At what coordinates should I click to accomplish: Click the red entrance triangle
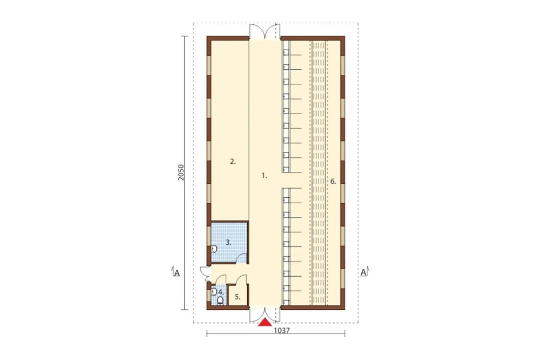pos(265,322)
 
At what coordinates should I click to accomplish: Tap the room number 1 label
pos(265,176)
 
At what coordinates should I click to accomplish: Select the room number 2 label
pos(233,161)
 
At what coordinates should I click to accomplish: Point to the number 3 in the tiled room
pos(228,242)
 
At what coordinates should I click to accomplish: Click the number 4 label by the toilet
pos(221,292)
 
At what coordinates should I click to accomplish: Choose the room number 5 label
pos(237,297)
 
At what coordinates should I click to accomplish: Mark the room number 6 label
pos(333,182)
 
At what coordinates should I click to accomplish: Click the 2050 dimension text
pos(181,172)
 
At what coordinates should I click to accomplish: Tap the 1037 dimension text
pos(282,330)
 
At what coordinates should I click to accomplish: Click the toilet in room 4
pos(220,301)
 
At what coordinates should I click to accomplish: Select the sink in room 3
pos(214,249)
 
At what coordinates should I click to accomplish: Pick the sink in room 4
pos(214,292)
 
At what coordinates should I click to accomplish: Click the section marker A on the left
pos(176,272)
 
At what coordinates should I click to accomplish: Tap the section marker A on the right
pos(364,272)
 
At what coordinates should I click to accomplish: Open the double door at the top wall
pos(265,31)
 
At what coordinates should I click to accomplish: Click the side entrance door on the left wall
pos(205,274)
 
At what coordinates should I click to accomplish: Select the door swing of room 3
pos(241,258)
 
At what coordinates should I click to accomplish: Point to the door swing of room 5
pos(241,279)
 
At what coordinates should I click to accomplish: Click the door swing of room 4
pos(221,279)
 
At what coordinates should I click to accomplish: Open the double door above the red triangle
pos(265,314)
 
